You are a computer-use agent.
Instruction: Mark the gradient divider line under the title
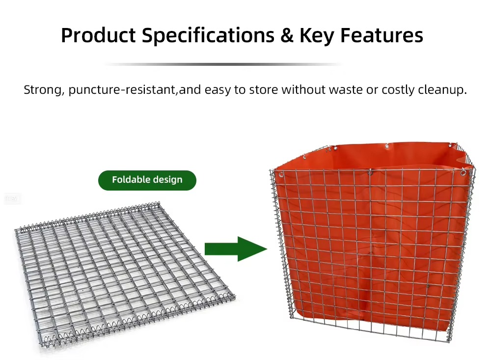pos(223,64)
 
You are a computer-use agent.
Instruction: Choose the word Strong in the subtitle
pos(43,90)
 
